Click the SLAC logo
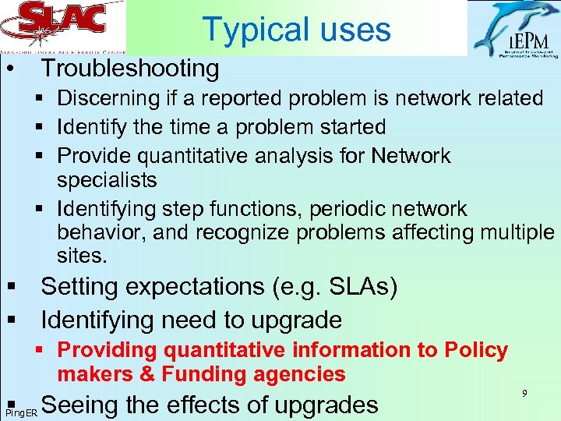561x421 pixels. (62, 25)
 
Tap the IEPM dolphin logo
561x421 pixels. (513, 30)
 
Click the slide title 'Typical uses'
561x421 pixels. (296, 29)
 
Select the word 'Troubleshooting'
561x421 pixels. (130, 69)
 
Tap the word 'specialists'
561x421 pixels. (107, 180)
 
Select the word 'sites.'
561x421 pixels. (82, 255)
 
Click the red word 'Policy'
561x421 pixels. (476, 350)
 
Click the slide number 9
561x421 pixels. (525, 394)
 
